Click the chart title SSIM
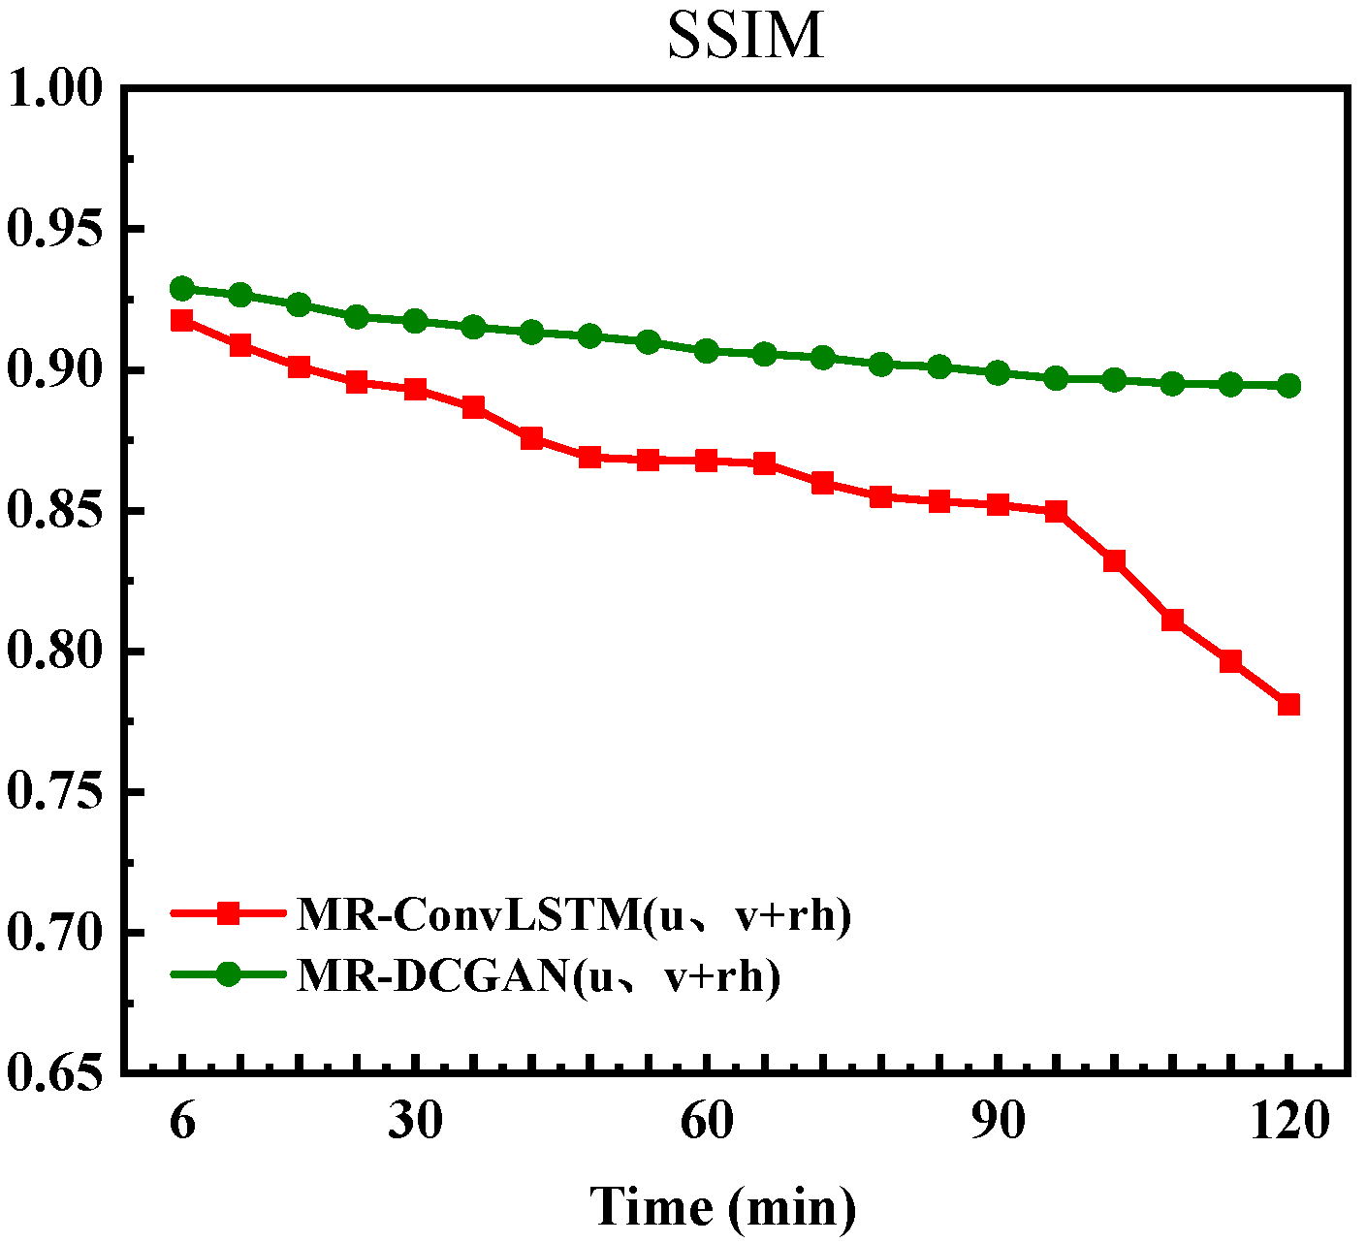pos(746,37)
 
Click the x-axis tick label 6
pos(181,1122)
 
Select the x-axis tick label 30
pos(415,1122)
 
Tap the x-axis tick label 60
pos(707,1122)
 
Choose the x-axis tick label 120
pos(1288,1122)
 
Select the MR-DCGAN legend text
pos(538,975)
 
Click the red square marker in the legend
pos(229,913)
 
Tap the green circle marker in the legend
pos(229,974)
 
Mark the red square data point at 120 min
pos(1288,704)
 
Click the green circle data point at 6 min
pos(181,288)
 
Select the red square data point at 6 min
pos(181,321)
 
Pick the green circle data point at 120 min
pos(1288,386)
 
